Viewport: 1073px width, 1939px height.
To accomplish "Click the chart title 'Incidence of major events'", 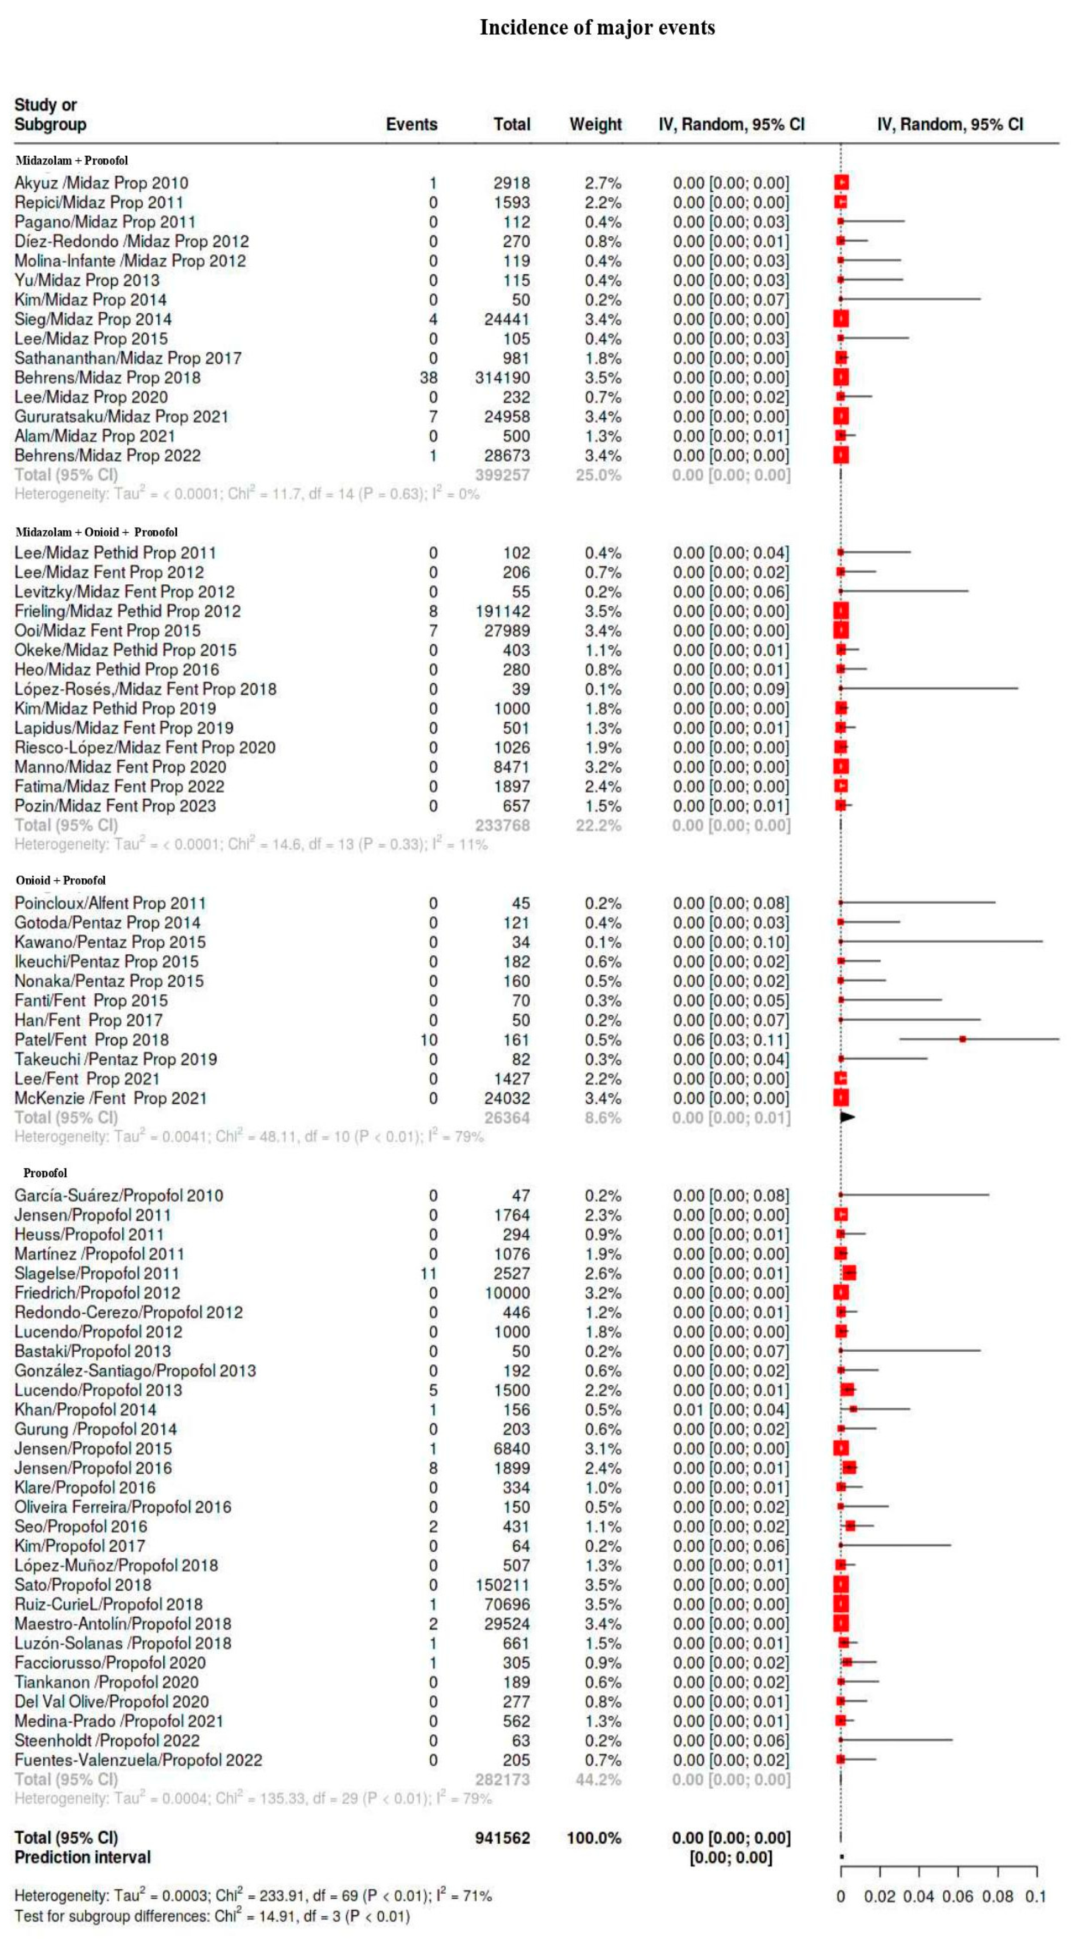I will pos(598,28).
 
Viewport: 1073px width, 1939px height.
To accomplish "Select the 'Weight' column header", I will pos(595,124).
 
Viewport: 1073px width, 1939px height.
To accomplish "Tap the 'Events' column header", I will pos(411,124).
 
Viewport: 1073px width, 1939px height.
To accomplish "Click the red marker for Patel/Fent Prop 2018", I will pos(962,1040).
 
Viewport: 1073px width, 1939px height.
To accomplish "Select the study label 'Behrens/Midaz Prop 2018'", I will pos(108,378).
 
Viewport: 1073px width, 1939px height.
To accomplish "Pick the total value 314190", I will pos(502,378).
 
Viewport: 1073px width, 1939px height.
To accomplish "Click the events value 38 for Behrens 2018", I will pos(428,378).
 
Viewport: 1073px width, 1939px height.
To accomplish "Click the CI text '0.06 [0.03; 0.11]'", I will pos(731,1040).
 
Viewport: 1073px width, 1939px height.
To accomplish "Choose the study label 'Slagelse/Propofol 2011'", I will pos(97,1274).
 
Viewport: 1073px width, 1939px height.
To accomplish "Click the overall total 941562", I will pos(502,1838).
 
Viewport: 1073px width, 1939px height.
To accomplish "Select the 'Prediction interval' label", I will pos(83,1858).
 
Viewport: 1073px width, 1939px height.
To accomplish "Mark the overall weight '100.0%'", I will pos(594,1838).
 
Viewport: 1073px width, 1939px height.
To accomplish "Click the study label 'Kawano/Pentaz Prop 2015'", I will pos(110,942).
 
